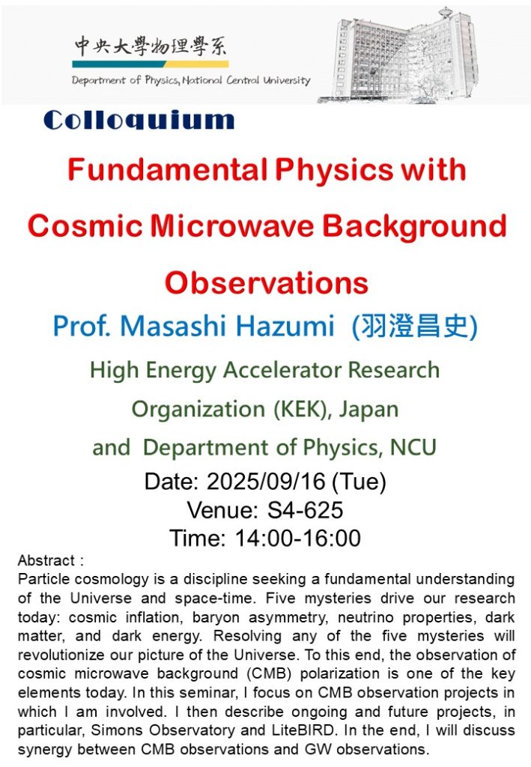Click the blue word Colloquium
click(139, 121)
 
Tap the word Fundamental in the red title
click(167, 170)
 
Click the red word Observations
click(267, 282)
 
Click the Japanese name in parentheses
click(415, 327)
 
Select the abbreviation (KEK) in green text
click(300, 409)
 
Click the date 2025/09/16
click(266, 482)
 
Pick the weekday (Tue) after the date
click(359, 482)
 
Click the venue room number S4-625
click(305, 509)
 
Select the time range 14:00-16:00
click(298, 538)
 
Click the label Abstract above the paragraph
click(46, 560)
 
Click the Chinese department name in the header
click(151, 46)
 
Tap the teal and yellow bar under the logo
click(151, 64)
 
